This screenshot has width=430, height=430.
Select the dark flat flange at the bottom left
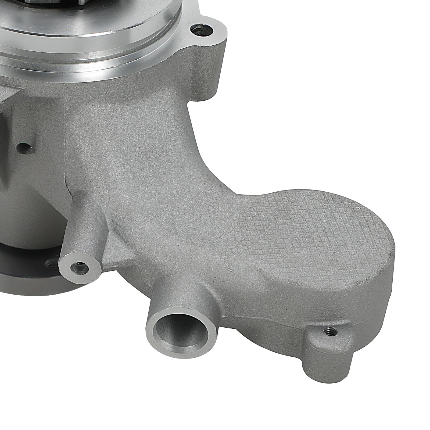[27, 282]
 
